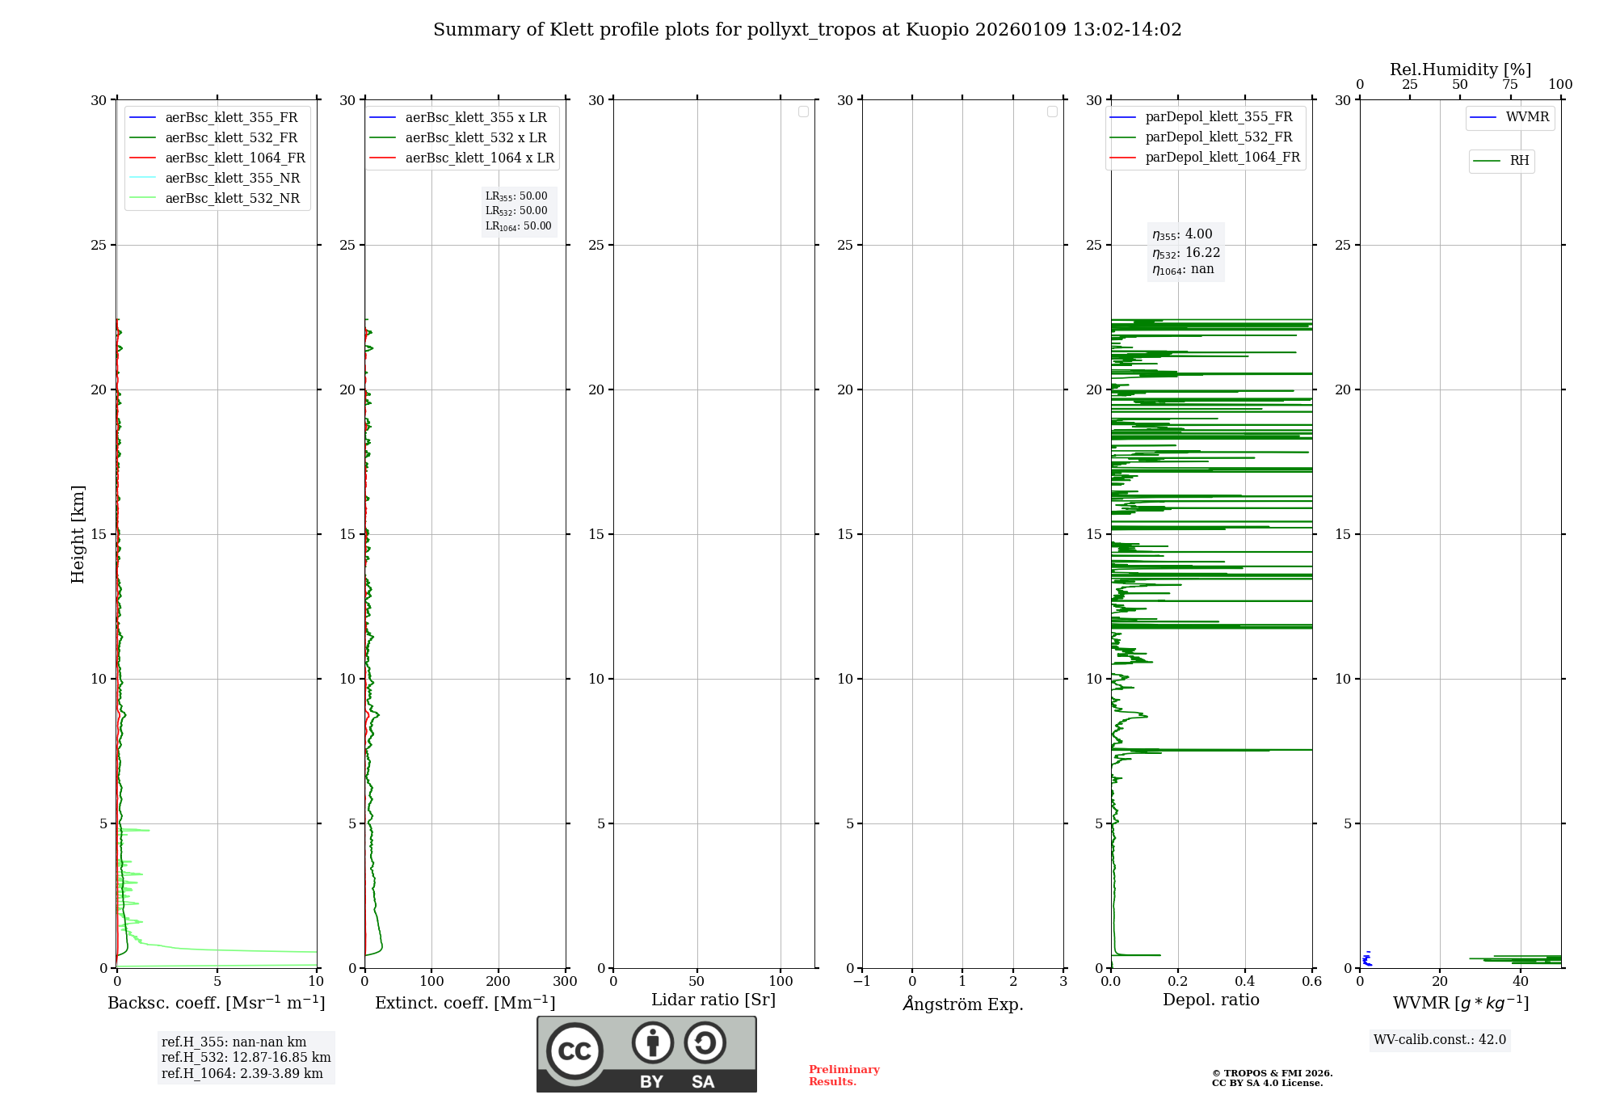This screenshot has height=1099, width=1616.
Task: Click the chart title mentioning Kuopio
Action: click(807, 30)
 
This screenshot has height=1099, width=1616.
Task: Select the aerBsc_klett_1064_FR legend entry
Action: click(234, 158)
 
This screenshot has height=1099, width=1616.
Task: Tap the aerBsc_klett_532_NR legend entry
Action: click(232, 199)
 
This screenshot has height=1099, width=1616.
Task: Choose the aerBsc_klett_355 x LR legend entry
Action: click(475, 118)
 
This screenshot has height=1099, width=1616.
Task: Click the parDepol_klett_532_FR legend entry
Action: click(1218, 137)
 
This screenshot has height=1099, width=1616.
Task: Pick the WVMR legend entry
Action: click(1526, 117)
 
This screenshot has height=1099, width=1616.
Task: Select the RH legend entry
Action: click(1518, 161)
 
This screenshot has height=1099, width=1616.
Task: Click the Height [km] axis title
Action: click(78, 534)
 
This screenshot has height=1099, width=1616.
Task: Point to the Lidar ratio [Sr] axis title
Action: click(713, 1000)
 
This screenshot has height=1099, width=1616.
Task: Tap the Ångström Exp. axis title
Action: click(962, 1004)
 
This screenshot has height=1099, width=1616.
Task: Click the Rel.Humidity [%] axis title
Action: click(1460, 69)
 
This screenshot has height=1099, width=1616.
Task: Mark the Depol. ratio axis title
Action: click(1210, 1000)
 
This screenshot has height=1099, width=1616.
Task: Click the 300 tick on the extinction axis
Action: click(565, 982)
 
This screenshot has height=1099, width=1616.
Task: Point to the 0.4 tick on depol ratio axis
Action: click(1245, 982)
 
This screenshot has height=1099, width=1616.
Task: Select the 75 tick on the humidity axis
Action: click(1510, 85)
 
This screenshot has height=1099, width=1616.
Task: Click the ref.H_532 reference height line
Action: click(246, 1058)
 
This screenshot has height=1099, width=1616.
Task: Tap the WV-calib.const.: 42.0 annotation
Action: click(1439, 1040)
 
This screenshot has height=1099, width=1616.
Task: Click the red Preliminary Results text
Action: click(844, 1076)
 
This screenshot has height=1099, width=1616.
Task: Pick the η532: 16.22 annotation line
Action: click(1185, 253)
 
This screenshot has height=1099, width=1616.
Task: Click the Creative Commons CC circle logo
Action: click(574, 1051)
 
